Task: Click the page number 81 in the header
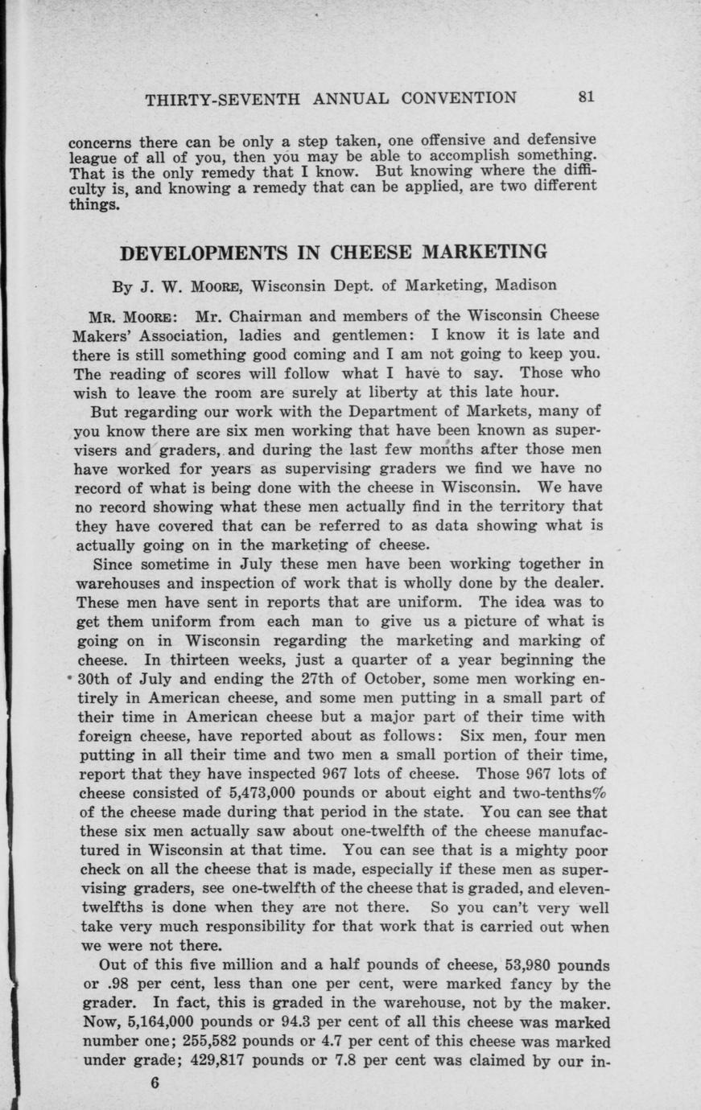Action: click(585, 97)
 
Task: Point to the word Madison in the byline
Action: click(525, 285)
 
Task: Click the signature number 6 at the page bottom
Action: click(155, 1082)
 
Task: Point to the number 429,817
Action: click(228, 1062)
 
